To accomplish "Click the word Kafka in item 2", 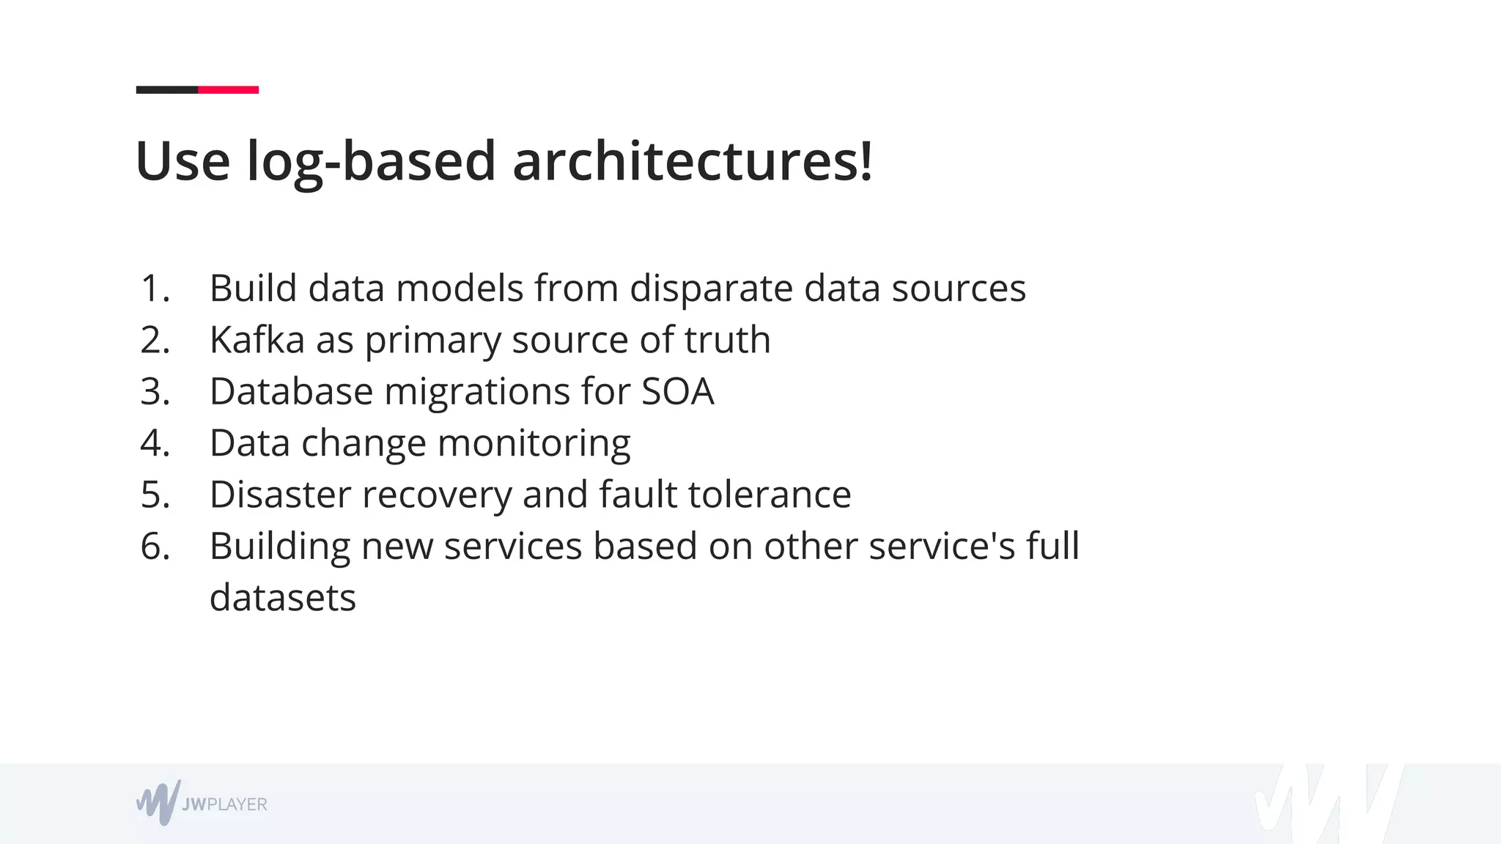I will point(257,340).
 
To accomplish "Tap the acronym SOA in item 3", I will point(677,391).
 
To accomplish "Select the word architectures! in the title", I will point(693,161).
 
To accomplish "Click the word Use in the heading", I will point(182,161).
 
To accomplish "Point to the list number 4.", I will point(155,443).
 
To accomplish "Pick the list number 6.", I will point(155,547).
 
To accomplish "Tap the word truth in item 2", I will point(727,340).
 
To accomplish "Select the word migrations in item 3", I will point(477,391).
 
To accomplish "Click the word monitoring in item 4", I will point(534,444).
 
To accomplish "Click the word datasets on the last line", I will point(283,598).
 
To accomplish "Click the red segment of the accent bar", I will point(228,90).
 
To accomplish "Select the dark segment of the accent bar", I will point(167,90).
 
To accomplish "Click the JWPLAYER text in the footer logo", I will point(224,804).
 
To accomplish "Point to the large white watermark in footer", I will point(1327,804).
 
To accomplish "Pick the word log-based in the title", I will point(371,161).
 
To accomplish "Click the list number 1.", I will point(155,289).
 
